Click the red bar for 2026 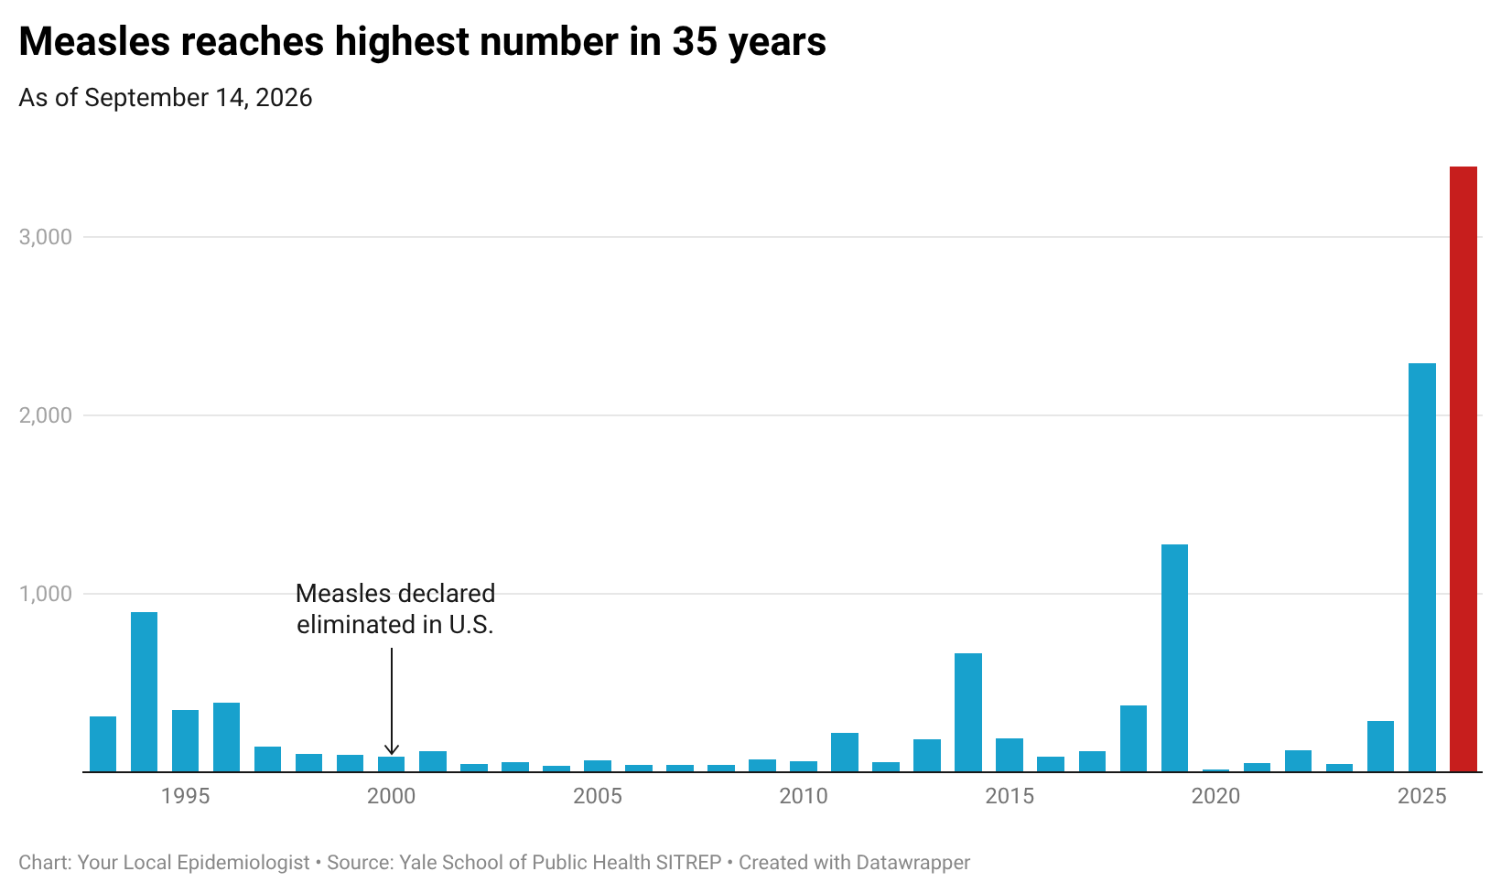coord(1463,469)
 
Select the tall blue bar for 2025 coord(1422,567)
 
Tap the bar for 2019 coord(1174,658)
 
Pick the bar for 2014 coord(968,712)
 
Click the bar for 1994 coord(144,692)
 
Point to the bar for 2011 coord(844,752)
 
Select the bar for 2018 coord(1133,738)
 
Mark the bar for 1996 coord(226,737)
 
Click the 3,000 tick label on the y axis coord(46,236)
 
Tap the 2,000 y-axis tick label coord(46,415)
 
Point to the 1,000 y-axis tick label coord(46,594)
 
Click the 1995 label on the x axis coord(186,796)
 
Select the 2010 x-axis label coord(804,796)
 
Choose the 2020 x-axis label coord(1215,796)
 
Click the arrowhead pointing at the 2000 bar coord(392,750)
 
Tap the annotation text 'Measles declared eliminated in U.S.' coord(395,609)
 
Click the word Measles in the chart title coord(94,41)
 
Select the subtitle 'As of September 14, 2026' coord(166,98)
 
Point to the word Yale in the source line coord(416,862)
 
